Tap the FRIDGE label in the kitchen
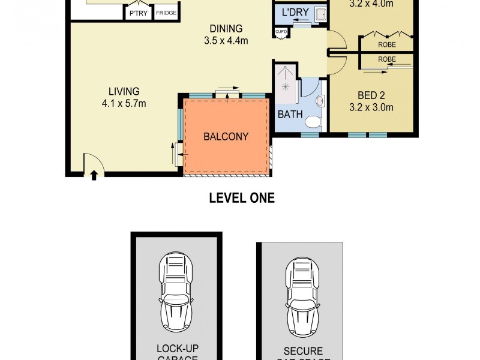coord(166,13)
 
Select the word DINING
coord(226,28)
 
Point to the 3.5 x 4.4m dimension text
coord(226,41)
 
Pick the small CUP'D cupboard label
coord(281,32)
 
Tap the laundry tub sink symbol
coord(320,14)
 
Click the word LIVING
coord(124,91)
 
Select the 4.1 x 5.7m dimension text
coord(124,103)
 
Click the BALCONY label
coord(226,136)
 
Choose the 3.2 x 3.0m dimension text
coord(371,108)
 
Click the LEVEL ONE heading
coord(241,198)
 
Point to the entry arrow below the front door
coord(94,175)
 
